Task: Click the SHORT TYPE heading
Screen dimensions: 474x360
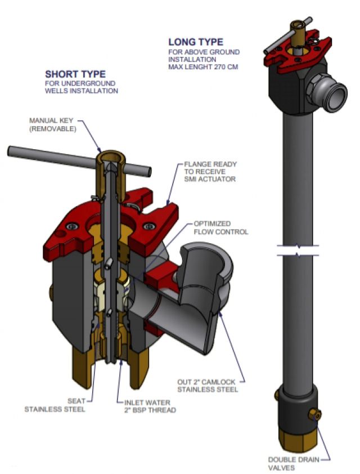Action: [75, 74]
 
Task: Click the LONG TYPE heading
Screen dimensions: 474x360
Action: [196, 42]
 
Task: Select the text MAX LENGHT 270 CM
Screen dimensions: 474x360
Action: [204, 67]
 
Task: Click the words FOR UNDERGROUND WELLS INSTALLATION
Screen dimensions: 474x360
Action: [82, 87]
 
